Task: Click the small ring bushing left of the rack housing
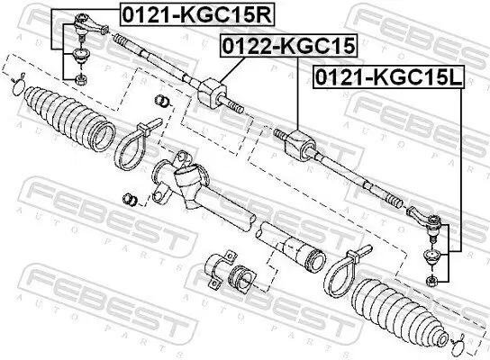(x=129, y=197)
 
